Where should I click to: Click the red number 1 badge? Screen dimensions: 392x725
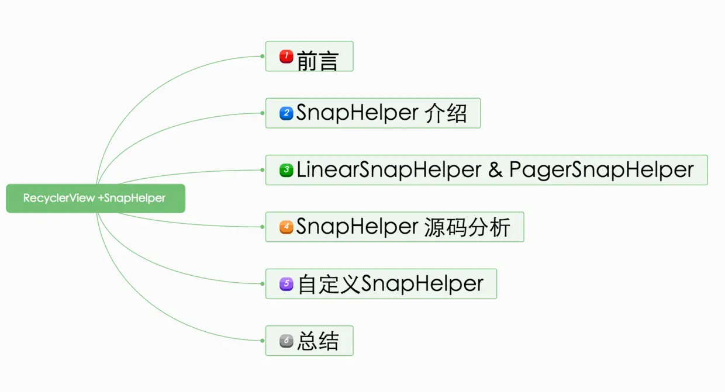click(x=286, y=57)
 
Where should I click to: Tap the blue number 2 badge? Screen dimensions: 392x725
click(x=286, y=113)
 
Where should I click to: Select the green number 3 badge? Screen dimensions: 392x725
click(x=286, y=170)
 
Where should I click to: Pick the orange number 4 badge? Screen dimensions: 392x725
click(x=286, y=227)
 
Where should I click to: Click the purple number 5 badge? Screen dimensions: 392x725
click(x=286, y=284)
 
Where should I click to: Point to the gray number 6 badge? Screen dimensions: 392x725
click(x=286, y=341)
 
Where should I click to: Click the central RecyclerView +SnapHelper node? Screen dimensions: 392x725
click(x=95, y=199)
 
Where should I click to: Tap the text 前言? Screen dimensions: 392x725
click(x=317, y=59)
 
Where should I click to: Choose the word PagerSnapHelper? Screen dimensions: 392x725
click(x=601, y=170)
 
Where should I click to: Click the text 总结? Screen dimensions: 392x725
click(x=317, y=341)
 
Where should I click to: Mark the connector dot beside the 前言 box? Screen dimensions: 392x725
click(x=263, y=56)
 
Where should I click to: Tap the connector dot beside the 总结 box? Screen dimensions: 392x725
click(x=263, y=341)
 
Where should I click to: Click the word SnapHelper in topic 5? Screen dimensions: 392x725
click(x=422, y=284)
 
